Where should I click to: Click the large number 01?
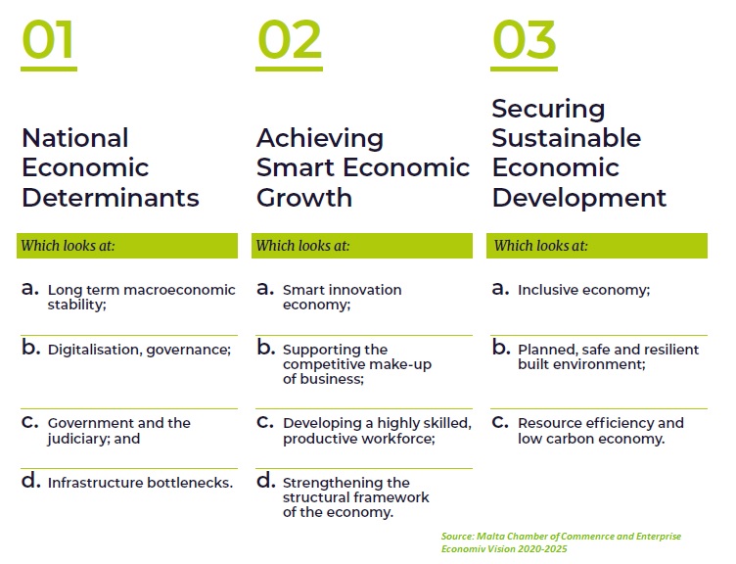click(48, 40)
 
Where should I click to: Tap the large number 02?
click(289, 40)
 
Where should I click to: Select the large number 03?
click(525, 40)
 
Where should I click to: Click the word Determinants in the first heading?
click(111, 197)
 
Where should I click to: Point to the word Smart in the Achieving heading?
click(296, 167)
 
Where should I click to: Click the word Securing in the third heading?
click(548, 110)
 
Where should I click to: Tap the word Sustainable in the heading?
click(566, 138)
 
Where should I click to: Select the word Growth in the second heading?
click(304, 197)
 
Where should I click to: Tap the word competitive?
click(318, 364)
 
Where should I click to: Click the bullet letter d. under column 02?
click(265, 481)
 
